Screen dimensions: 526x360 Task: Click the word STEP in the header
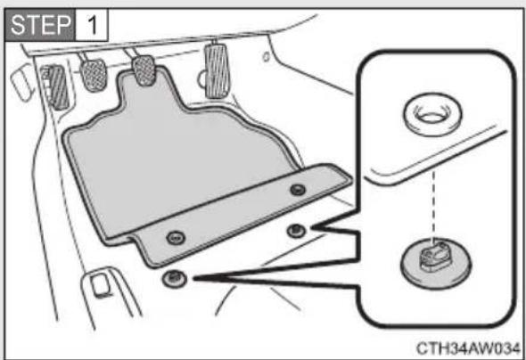(x=41, y=25)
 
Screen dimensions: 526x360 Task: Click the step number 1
(x=92, y=25)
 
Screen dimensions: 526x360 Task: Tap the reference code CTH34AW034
(x=468, y=348)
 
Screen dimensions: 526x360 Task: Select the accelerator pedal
(x=218, y=70)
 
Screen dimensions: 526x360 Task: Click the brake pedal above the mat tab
(x=144, y=71)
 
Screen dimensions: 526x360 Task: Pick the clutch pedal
(x=94, y=75)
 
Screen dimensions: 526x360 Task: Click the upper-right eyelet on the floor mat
(x=298, y=190)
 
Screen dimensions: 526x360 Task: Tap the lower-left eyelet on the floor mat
(x=176, y=238)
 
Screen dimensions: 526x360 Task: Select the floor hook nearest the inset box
(x=297, y=231)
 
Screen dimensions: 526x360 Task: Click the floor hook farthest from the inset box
(x=174, y=278)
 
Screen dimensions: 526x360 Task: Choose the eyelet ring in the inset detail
(x=432, y=114)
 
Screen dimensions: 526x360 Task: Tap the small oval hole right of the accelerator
(x=266, y=57)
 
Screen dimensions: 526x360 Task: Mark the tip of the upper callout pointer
(x=311, y=228)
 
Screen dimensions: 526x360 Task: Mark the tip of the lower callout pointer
(x=193, y=278)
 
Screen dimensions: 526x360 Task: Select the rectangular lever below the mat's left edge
(x=100, y=285)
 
